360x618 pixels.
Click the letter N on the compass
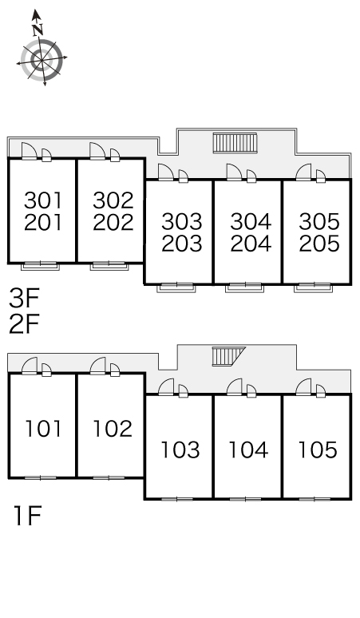(x=38, y=30)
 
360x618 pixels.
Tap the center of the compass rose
(x=42, y=61)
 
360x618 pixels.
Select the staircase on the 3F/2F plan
(x=235, y=143)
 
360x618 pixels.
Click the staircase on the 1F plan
(x=228, y=356)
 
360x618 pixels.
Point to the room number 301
(x=43, y=200)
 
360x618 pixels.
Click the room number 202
(x=113, y=222)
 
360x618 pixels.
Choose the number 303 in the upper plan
(x=181, y=221)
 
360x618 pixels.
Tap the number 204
(x=251, y=244)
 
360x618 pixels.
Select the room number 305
(x=319, y=221)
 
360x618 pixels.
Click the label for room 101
(x=43, y=429)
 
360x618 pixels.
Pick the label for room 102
(x=113, y=429)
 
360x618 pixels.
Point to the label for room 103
(x=180, y=450)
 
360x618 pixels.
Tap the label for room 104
(x=249, y=450)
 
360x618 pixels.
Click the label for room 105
(x=318, y=450)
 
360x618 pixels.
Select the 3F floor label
(x=25, y=299)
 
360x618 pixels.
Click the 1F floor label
(x=28, y=516)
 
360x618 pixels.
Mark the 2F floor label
(x=25, y=323)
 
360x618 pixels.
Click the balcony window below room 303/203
(x=176, y=287)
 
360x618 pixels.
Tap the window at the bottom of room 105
(x=315, y=499)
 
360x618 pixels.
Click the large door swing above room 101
(x=30, y=366)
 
